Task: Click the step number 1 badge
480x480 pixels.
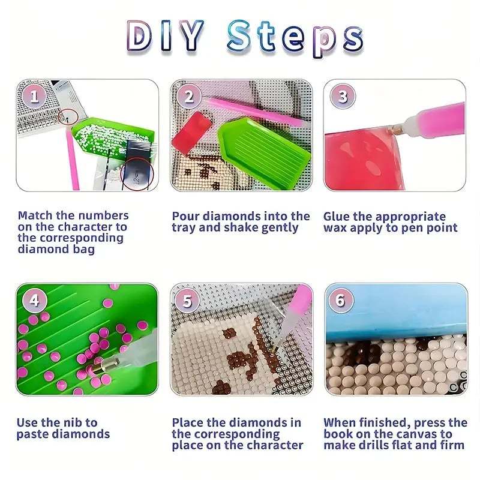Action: coord(34,96)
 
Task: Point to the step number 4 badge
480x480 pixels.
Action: coord(34,300)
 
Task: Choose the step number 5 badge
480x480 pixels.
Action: coord(188,301)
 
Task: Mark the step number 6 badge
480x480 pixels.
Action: coord(341,300)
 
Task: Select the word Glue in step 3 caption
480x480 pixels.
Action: coord(337,216)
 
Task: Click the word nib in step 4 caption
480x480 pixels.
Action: coord(74,422)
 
